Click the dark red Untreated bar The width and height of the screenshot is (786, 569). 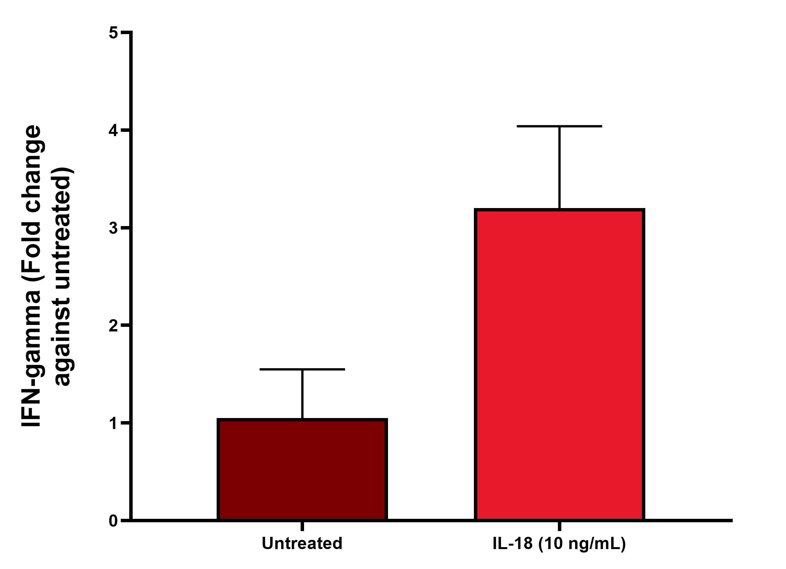(302, 469)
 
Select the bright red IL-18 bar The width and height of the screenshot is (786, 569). (559, 364)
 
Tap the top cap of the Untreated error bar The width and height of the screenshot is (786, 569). (302, 369)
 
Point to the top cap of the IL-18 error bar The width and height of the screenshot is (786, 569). (559, 126)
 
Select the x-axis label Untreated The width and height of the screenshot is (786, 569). (302, 544)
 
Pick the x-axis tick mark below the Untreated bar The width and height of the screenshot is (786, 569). (302, 526)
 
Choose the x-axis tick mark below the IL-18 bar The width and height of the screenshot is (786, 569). (559, 526)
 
